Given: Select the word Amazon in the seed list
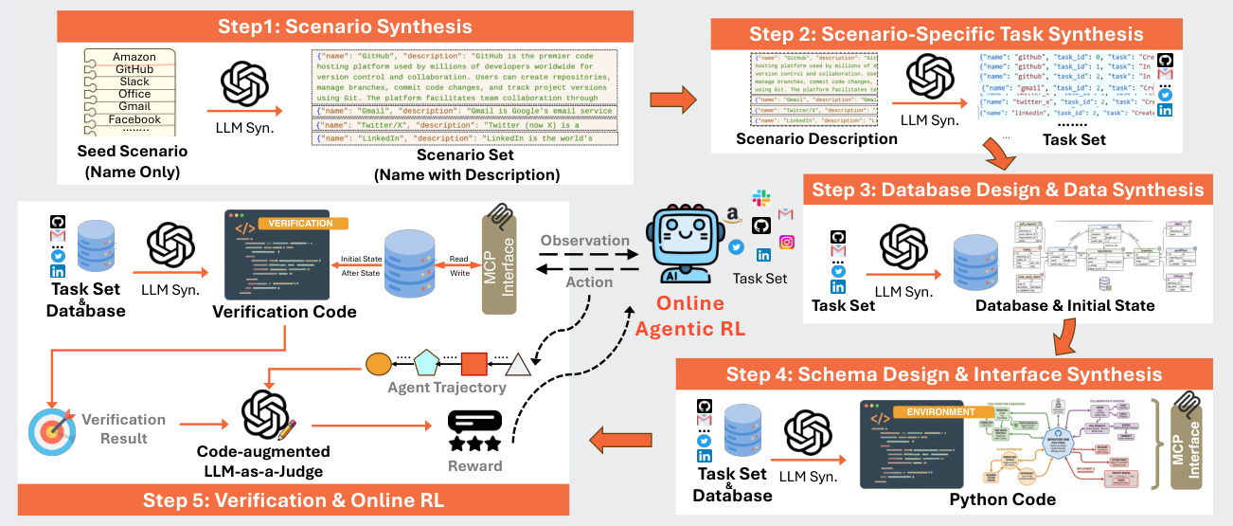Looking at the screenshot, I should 134,57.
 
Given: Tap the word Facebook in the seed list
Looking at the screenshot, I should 134,119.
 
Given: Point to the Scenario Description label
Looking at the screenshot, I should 816,139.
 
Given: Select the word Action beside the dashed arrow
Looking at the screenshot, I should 589,281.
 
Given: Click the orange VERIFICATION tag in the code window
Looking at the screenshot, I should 302,224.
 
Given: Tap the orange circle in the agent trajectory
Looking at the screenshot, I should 378,362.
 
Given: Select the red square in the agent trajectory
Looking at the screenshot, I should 474,363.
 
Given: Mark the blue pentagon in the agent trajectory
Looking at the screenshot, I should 426,362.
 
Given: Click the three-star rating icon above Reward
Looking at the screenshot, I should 474,432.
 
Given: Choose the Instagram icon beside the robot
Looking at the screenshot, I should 787,242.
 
